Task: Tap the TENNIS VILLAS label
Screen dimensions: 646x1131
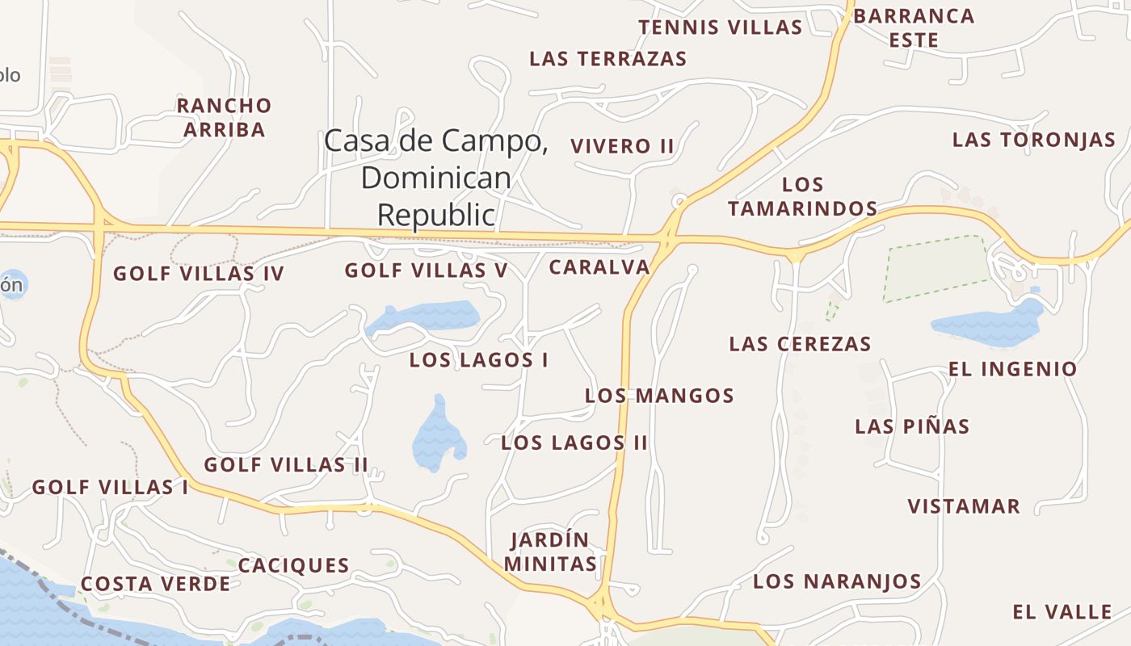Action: pos(721,27)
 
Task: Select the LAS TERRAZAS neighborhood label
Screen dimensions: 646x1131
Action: pos(608,59)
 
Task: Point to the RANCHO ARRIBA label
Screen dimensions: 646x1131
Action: pos(224,117)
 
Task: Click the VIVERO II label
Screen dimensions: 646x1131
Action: pos(622,146)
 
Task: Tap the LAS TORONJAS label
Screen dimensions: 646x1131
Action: pos(1033,140)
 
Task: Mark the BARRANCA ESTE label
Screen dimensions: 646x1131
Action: pos(914,27)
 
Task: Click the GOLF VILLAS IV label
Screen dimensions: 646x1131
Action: pos(199,274)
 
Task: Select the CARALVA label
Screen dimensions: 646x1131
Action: pos(599,267)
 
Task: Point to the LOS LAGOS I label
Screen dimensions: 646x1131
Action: pos(478,360)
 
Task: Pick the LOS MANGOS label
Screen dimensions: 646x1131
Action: pos(659,396)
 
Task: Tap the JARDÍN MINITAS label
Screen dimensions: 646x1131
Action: pos(550,552)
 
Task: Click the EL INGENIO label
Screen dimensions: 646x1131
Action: pos(1012,370)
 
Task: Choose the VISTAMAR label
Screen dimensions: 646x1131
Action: pos(964,507)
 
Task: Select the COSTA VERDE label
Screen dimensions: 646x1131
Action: pos(155,584)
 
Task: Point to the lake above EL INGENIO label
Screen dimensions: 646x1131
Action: pos(990,325)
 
